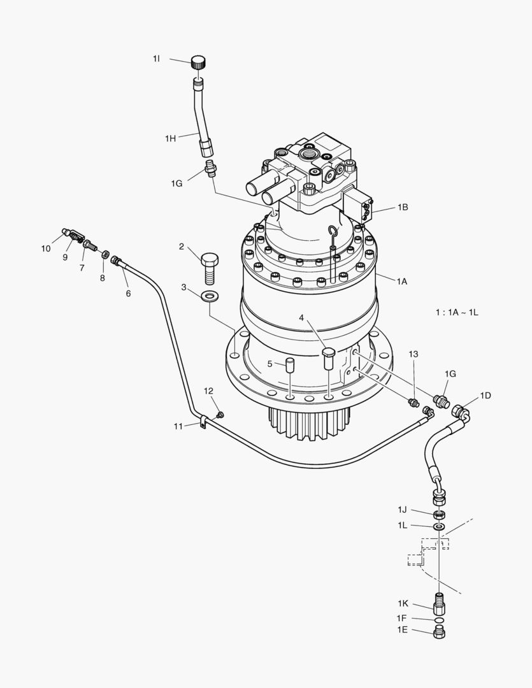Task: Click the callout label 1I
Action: click(x=156, y=59)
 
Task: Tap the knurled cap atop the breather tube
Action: click(x=198, y=62)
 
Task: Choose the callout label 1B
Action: click(x=403, y=207)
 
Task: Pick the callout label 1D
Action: click(x=485, y=396)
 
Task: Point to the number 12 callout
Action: click(x=208, y=391)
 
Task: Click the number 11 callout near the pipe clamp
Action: click(x=180, y=425)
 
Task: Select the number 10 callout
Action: click(x=46, y=248)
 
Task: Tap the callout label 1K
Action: click(x=403, y=603)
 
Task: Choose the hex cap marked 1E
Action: click(x=439, y=632)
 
